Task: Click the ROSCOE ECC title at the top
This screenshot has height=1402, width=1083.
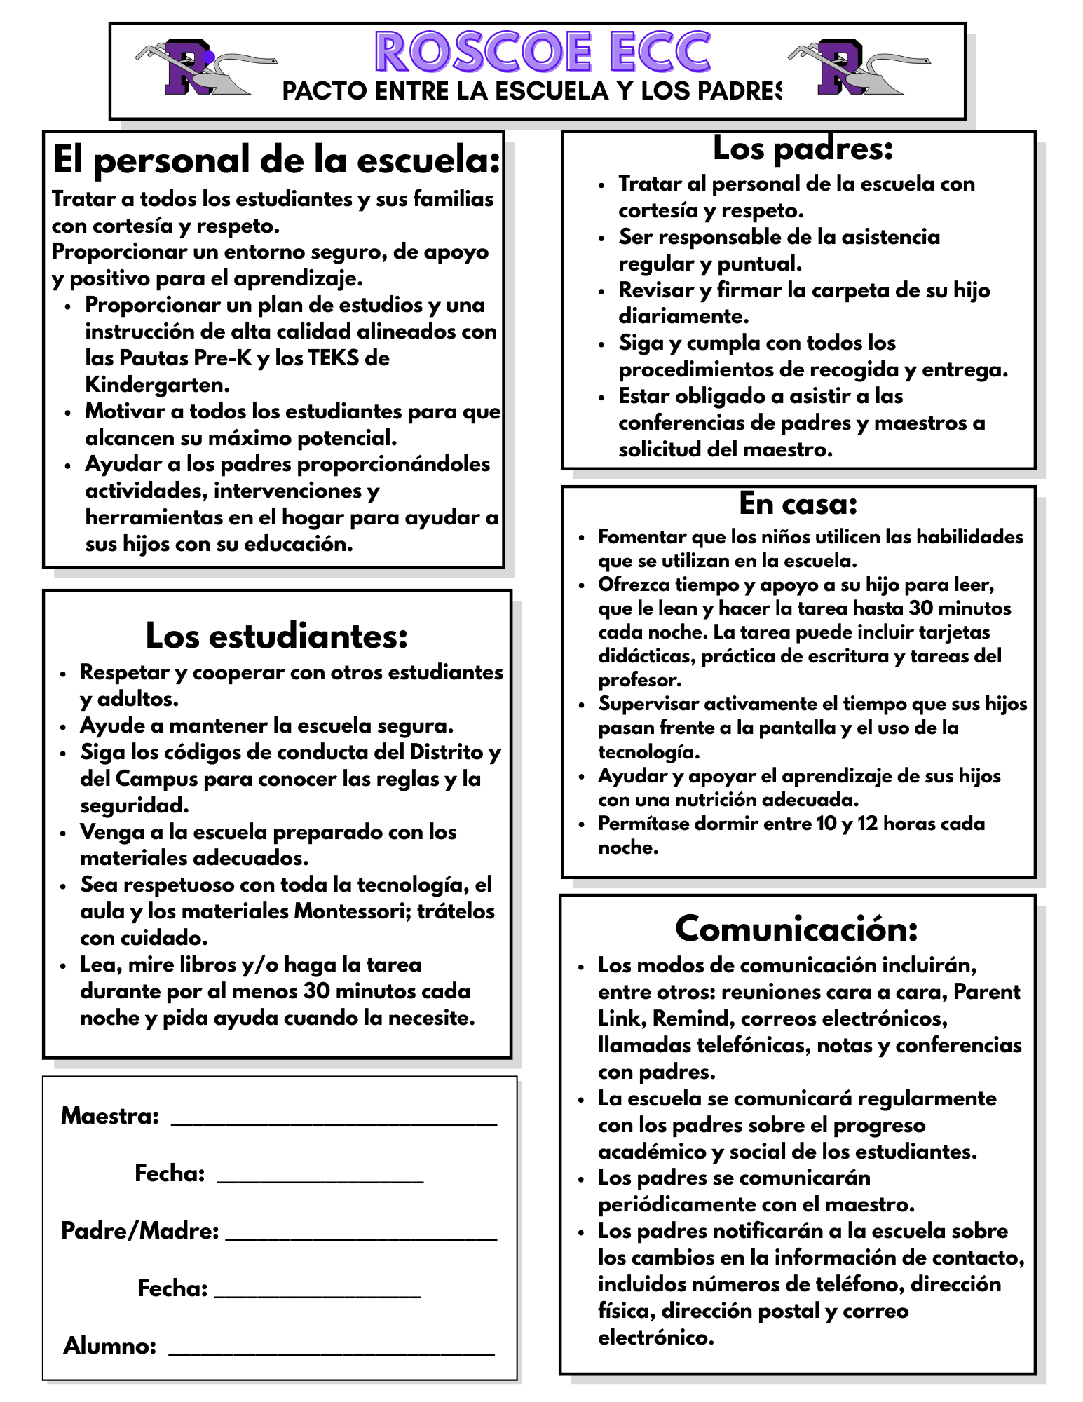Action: click(543, 52)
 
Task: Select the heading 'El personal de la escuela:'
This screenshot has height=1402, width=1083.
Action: click(277, 161)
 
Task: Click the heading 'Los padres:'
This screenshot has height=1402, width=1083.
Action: click(803, 149)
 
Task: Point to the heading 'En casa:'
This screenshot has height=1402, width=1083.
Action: click(798, 503)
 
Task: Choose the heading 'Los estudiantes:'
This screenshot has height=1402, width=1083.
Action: click(277, 636)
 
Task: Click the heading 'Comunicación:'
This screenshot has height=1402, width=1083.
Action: click(796, 929)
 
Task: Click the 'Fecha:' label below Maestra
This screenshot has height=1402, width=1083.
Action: click(170, 1173)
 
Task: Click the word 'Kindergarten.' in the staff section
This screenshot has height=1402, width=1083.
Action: click(158, 385)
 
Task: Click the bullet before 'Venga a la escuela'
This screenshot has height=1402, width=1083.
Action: click(64, 833)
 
